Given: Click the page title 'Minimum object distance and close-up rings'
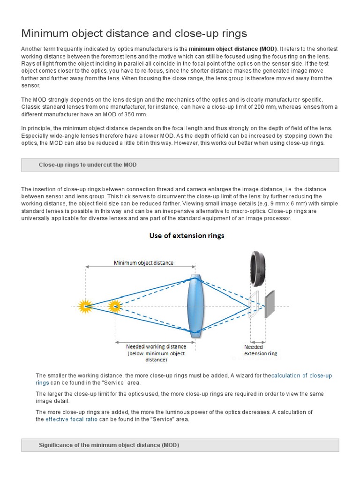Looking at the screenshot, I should coord(134,33).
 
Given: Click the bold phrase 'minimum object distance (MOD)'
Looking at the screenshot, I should coord(233,49).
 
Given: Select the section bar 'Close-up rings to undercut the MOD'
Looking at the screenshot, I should coord(88,165).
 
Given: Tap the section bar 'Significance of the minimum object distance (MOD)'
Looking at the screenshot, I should coord(109,445).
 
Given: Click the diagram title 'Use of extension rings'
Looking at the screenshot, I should coord(187,236).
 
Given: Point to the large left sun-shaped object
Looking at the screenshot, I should coord(85,307).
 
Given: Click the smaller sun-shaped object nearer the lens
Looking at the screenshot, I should coord(114,307).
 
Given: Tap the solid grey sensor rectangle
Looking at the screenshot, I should coord(270,304).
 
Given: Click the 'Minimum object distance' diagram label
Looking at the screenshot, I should coord(143,263).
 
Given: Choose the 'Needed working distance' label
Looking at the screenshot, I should coord(156,347).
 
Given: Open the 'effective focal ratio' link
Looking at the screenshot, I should coord(71,420).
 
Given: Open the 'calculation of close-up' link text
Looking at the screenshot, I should coord(301,375).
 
